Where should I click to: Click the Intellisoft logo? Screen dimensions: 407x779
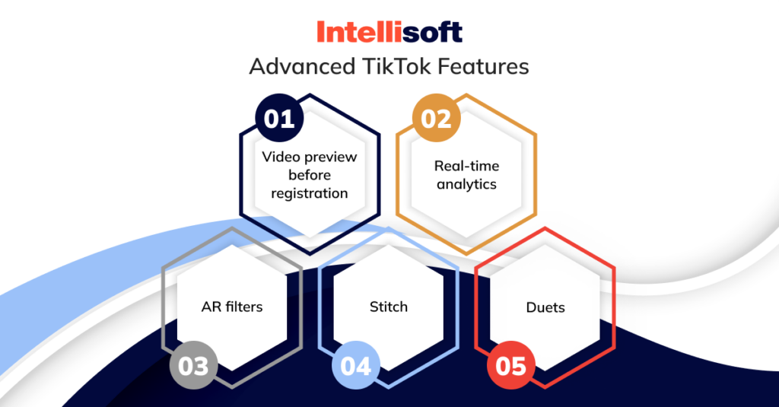389,32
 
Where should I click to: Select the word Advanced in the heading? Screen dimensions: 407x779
300,67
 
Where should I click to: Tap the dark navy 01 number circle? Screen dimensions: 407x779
278,119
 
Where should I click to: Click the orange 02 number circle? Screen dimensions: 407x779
437,119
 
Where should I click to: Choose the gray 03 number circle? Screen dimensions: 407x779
193,365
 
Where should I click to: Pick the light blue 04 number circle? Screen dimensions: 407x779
355,365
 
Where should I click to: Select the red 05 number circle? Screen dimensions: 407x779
510,365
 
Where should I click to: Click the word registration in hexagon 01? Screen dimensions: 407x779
310,193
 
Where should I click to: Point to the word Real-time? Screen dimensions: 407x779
466,166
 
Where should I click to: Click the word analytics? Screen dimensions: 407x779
466,184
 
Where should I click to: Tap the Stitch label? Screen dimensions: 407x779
388,307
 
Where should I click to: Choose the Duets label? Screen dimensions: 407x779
545,308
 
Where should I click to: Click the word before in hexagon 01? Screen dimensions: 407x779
310,175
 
